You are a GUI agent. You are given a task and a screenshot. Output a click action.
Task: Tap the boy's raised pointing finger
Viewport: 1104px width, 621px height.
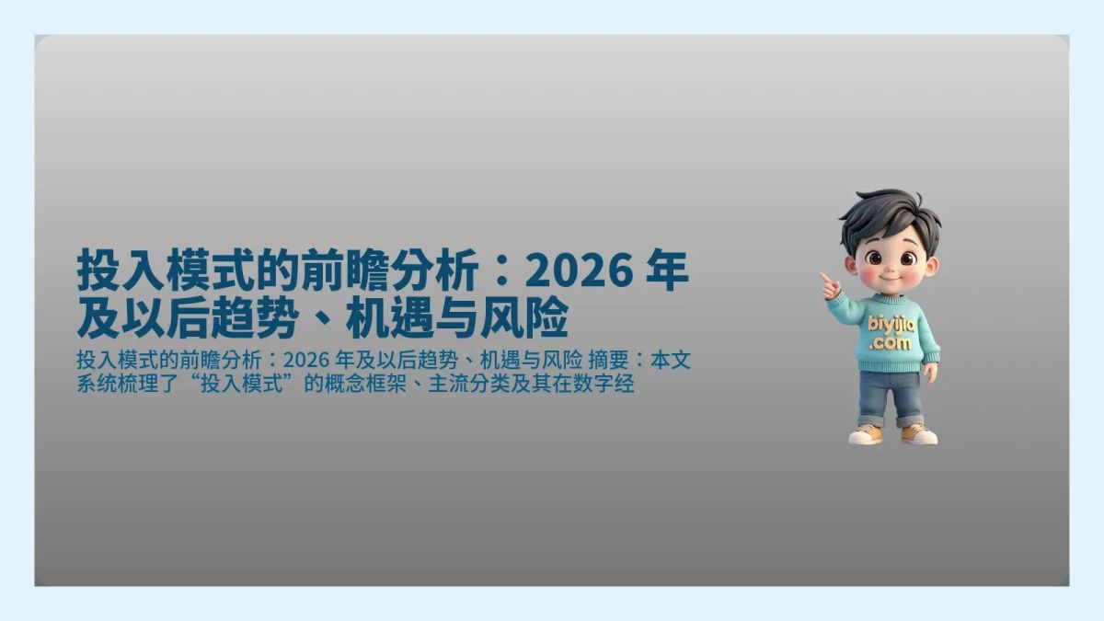click(825, 276)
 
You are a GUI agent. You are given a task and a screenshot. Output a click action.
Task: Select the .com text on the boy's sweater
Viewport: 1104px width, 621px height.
click(891, 342)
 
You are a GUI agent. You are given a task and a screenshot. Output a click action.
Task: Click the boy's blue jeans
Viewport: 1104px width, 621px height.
click(890, 396)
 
